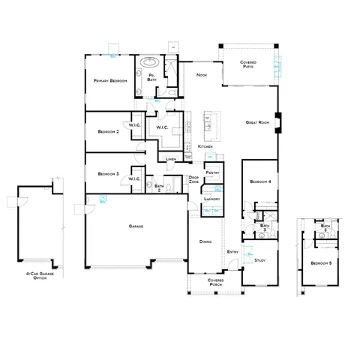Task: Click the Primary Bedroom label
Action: coord(109,80)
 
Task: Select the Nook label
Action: coord(201,75)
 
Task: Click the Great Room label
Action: coord(257,122)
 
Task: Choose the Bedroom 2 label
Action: coord(109,132)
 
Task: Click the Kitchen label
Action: coord(205,146)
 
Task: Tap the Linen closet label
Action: coord(171,159)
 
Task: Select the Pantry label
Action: coord(212,172)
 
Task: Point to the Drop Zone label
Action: coord(193,180)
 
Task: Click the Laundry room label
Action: coord(211,199)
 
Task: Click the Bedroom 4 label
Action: coord(259,181)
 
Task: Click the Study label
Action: coord(260,259)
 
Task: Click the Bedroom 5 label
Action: coord(320,262)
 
